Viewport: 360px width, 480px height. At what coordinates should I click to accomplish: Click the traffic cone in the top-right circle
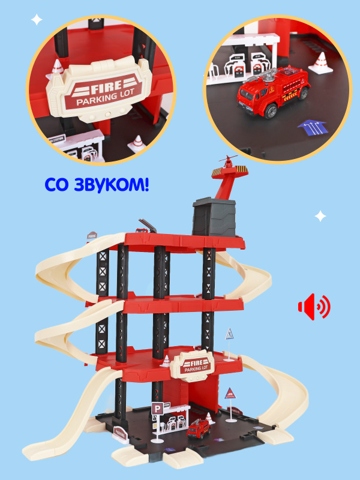tap(323, 63)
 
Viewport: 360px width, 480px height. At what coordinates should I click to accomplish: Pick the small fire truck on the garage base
tap(199, 428)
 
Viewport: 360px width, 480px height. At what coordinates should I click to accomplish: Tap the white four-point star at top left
tap(37, 19)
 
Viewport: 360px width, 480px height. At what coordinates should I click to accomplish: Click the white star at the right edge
tap(320, 215)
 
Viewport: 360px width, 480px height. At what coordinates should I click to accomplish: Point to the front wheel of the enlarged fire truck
tap(270, 112)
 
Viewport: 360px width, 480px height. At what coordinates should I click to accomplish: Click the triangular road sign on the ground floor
tap(231, 395)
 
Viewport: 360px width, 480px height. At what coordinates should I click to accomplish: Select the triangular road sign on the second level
tap(230, 334)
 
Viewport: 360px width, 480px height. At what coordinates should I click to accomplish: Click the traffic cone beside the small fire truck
tap(209, 416)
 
